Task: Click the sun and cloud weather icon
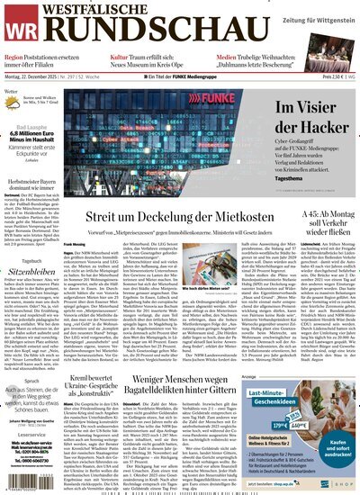17,94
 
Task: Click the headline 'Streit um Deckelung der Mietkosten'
166,217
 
